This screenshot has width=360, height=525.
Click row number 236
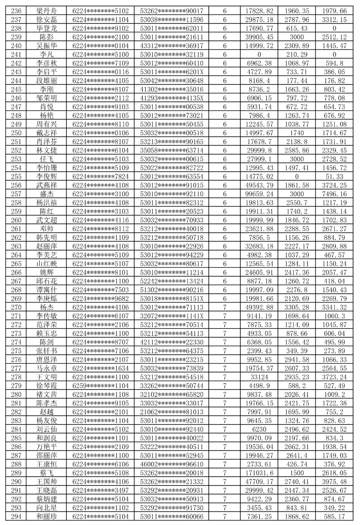tap(16, 11)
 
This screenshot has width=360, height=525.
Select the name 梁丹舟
tap(47, 11)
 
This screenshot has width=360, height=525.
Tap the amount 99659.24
tap(259, 194)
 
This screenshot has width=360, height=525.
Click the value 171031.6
tap(259, 473)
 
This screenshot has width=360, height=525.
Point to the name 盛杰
tap(47, 194)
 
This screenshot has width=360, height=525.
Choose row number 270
tap(16, 307)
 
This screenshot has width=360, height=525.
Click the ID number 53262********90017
tap(172, 11)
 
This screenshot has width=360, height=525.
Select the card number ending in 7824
tap(100, 176)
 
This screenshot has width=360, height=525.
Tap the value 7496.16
tap(334, 194)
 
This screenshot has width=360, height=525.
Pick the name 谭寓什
tap(47, 290)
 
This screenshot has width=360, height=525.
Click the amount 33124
tap(259, 377)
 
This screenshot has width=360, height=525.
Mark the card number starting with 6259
tap(100, 386)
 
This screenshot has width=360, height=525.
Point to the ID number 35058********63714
tap(172, 150)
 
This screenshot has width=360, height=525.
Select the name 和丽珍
tap(47, 516)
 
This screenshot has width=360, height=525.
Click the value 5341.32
tap(334, 307)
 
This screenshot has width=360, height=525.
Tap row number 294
tap(16, 516)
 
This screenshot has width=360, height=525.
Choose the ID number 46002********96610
tap(172, 464)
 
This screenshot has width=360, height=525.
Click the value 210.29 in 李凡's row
tap(296, 54)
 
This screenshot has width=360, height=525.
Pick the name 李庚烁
tap(47, 299)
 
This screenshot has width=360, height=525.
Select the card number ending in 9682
tap(100, 299)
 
